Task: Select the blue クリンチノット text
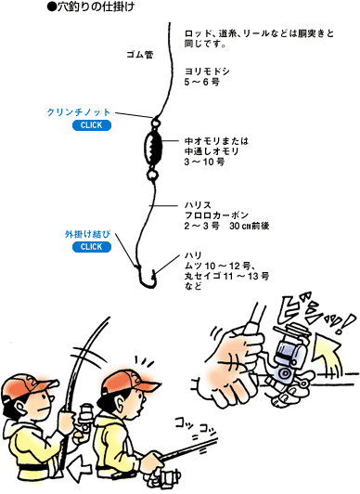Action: point(79,112)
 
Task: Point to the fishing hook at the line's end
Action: point(146,276)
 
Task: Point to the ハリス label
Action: point(199,202)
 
